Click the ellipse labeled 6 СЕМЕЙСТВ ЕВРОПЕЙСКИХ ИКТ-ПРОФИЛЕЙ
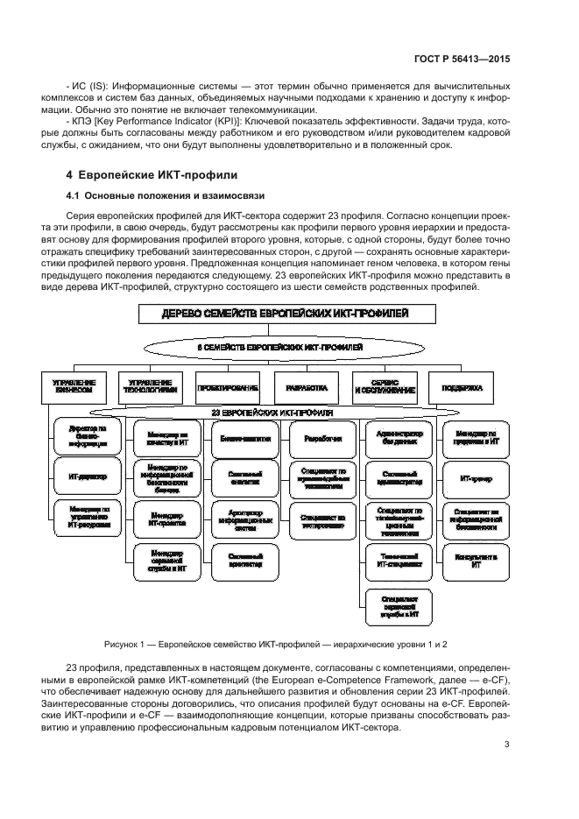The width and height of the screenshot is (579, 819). [286, 349]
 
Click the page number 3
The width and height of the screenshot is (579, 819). [507, 745]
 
